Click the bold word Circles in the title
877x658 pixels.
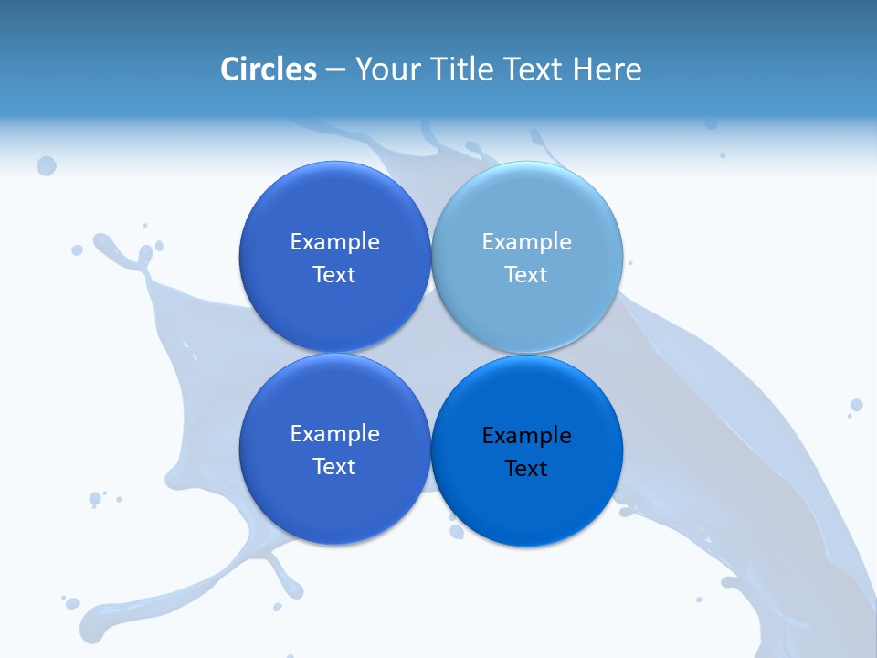(269, 69)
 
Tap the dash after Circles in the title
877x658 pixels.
(335, 70)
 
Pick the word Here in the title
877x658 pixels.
(608, 69)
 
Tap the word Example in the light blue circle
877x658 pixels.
(526, 242)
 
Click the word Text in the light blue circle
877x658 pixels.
(526, 275)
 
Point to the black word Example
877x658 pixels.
(526, 436)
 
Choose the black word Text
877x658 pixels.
(526, 469)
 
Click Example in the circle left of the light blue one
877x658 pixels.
(334, 242)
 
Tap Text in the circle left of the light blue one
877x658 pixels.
(334, 275)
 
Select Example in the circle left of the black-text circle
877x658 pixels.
(334, 434)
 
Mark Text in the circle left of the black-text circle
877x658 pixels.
(334, 467)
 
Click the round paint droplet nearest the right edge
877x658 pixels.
(856, 405)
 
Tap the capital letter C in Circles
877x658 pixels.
(229, 69)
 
